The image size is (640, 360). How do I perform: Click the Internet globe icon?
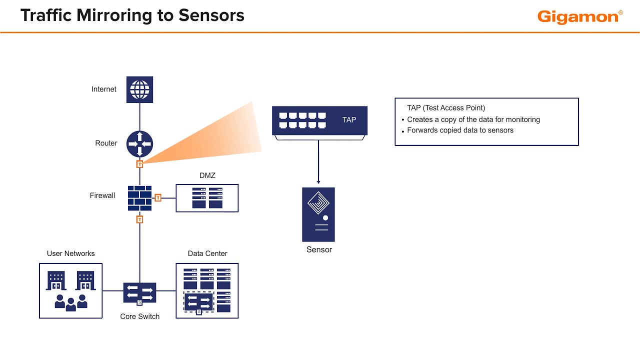tap(139, 89)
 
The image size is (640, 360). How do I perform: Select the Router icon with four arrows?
tap(139, 143)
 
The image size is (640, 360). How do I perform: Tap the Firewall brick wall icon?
tap(139, 198)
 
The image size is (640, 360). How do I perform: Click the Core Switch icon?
tap(139, 293)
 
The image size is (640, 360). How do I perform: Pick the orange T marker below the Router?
tap(140, 164)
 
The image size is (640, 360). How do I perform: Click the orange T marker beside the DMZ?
tap(158, 198)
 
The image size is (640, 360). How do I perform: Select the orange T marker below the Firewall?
tap(140, 219)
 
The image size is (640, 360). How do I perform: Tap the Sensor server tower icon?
tap(318, 214)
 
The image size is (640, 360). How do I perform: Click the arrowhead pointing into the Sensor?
tap(318, 182)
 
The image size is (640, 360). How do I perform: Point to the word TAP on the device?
tap(349, 120)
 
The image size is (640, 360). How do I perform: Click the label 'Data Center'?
tap(207, 253)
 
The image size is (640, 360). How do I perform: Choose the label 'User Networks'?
tap(70, 253)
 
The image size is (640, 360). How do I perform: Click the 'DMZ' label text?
tap(207, 175)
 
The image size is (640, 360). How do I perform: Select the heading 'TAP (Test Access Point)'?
tap(446, 108)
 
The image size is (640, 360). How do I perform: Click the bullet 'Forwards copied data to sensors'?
tap(460, 130)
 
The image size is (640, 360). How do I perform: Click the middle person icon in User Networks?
tap(70, 304)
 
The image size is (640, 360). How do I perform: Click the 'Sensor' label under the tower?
tap(319, 249)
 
